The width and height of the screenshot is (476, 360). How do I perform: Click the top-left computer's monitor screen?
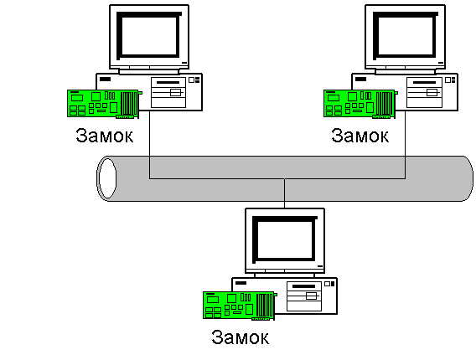[149, 36]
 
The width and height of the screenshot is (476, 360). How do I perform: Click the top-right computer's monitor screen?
[406, 36]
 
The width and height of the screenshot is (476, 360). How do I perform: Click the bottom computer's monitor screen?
[285, 239]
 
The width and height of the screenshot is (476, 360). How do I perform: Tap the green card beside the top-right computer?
[360, 104]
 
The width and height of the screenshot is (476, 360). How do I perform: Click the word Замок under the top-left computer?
[105, 136]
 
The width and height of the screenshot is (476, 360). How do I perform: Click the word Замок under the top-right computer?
[360, 136]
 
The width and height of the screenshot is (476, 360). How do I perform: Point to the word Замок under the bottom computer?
[241, 337]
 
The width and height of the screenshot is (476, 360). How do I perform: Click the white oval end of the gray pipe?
[107, 178]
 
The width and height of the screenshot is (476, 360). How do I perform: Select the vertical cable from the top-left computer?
[149, 144]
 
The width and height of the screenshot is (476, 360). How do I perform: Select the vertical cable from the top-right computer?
[405, 144]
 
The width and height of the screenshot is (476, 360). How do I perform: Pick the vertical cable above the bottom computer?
[284, 193]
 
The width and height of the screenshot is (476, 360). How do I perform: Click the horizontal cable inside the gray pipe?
[277, 178]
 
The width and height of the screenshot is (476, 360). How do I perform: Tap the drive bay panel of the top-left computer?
[168, 92]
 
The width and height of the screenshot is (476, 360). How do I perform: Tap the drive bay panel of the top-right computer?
[424, 92]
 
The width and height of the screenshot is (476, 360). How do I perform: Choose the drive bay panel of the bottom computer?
[304, 296]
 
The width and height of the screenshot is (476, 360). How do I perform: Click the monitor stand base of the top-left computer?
[149, 71]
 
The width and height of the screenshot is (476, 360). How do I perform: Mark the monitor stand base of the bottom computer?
[284, 275]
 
